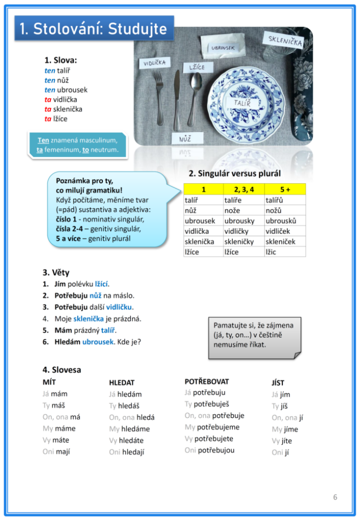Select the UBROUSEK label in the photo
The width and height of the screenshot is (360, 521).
(223, 48)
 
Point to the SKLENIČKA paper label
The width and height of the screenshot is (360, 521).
(283, 40)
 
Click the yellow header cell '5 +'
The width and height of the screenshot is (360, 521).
(285, 189)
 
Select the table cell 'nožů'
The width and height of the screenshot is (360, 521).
(275, 211)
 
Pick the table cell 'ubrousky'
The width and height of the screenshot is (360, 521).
(239, 221)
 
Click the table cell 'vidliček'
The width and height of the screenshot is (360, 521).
(278, 231)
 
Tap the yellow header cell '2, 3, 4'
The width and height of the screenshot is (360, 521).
(244, 189)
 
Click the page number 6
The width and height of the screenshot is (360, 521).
(335, 497)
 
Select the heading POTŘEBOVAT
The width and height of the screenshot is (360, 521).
(206, 381)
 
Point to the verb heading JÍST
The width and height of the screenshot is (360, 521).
(278, 383)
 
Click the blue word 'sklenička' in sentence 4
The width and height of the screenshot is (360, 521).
(88, 319)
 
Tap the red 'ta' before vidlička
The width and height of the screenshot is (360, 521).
(48, 100)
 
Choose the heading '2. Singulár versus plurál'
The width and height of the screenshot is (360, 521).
(234, 173)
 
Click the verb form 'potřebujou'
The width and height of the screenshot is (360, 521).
(216, 450)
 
